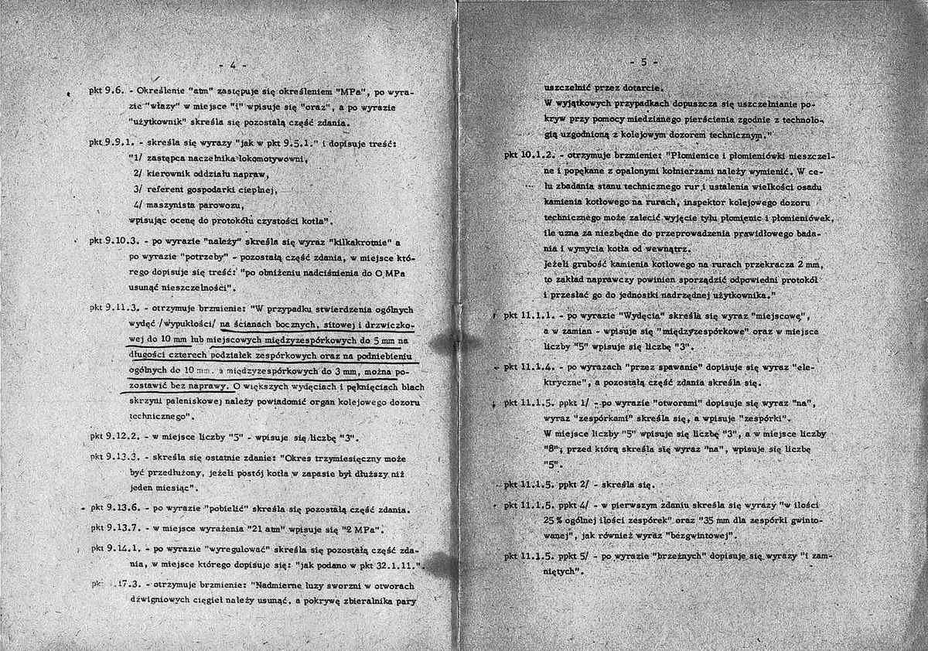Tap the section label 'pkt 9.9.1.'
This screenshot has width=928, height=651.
coord(113,144)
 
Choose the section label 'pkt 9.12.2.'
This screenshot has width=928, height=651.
coord(116,436)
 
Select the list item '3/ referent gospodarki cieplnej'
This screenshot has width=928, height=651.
coord(203,189)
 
